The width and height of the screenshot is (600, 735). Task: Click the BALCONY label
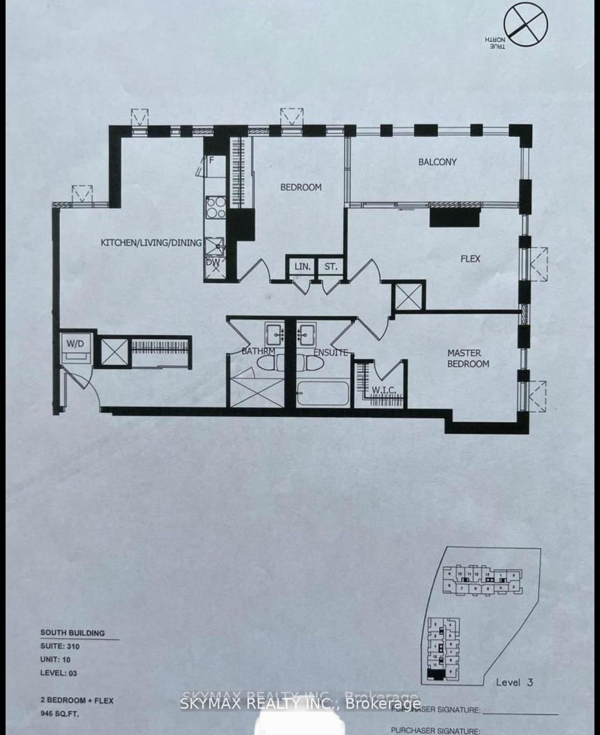pos(437,162)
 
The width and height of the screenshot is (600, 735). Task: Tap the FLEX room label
pos(470,259)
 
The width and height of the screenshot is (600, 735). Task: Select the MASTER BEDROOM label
pos(468,359)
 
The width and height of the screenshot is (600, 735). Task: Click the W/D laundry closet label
pos(75,344)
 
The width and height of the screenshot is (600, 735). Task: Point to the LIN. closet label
pos(302,267)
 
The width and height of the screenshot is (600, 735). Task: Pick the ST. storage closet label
pos(331,267)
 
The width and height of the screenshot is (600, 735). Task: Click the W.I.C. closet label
pos(384,390)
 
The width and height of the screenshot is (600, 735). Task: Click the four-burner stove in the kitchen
pos(216,207)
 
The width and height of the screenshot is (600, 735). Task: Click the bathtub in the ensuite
pos(323,393)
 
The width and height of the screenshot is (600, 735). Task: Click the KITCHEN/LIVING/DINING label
pos(151,242)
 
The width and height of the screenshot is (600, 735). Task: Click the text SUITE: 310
pos(60,646)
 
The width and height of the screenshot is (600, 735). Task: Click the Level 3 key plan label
pos(514,682)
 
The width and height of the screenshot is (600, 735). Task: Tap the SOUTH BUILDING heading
pos(73,633)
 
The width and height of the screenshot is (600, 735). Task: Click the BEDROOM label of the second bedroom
pos(300,187)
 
